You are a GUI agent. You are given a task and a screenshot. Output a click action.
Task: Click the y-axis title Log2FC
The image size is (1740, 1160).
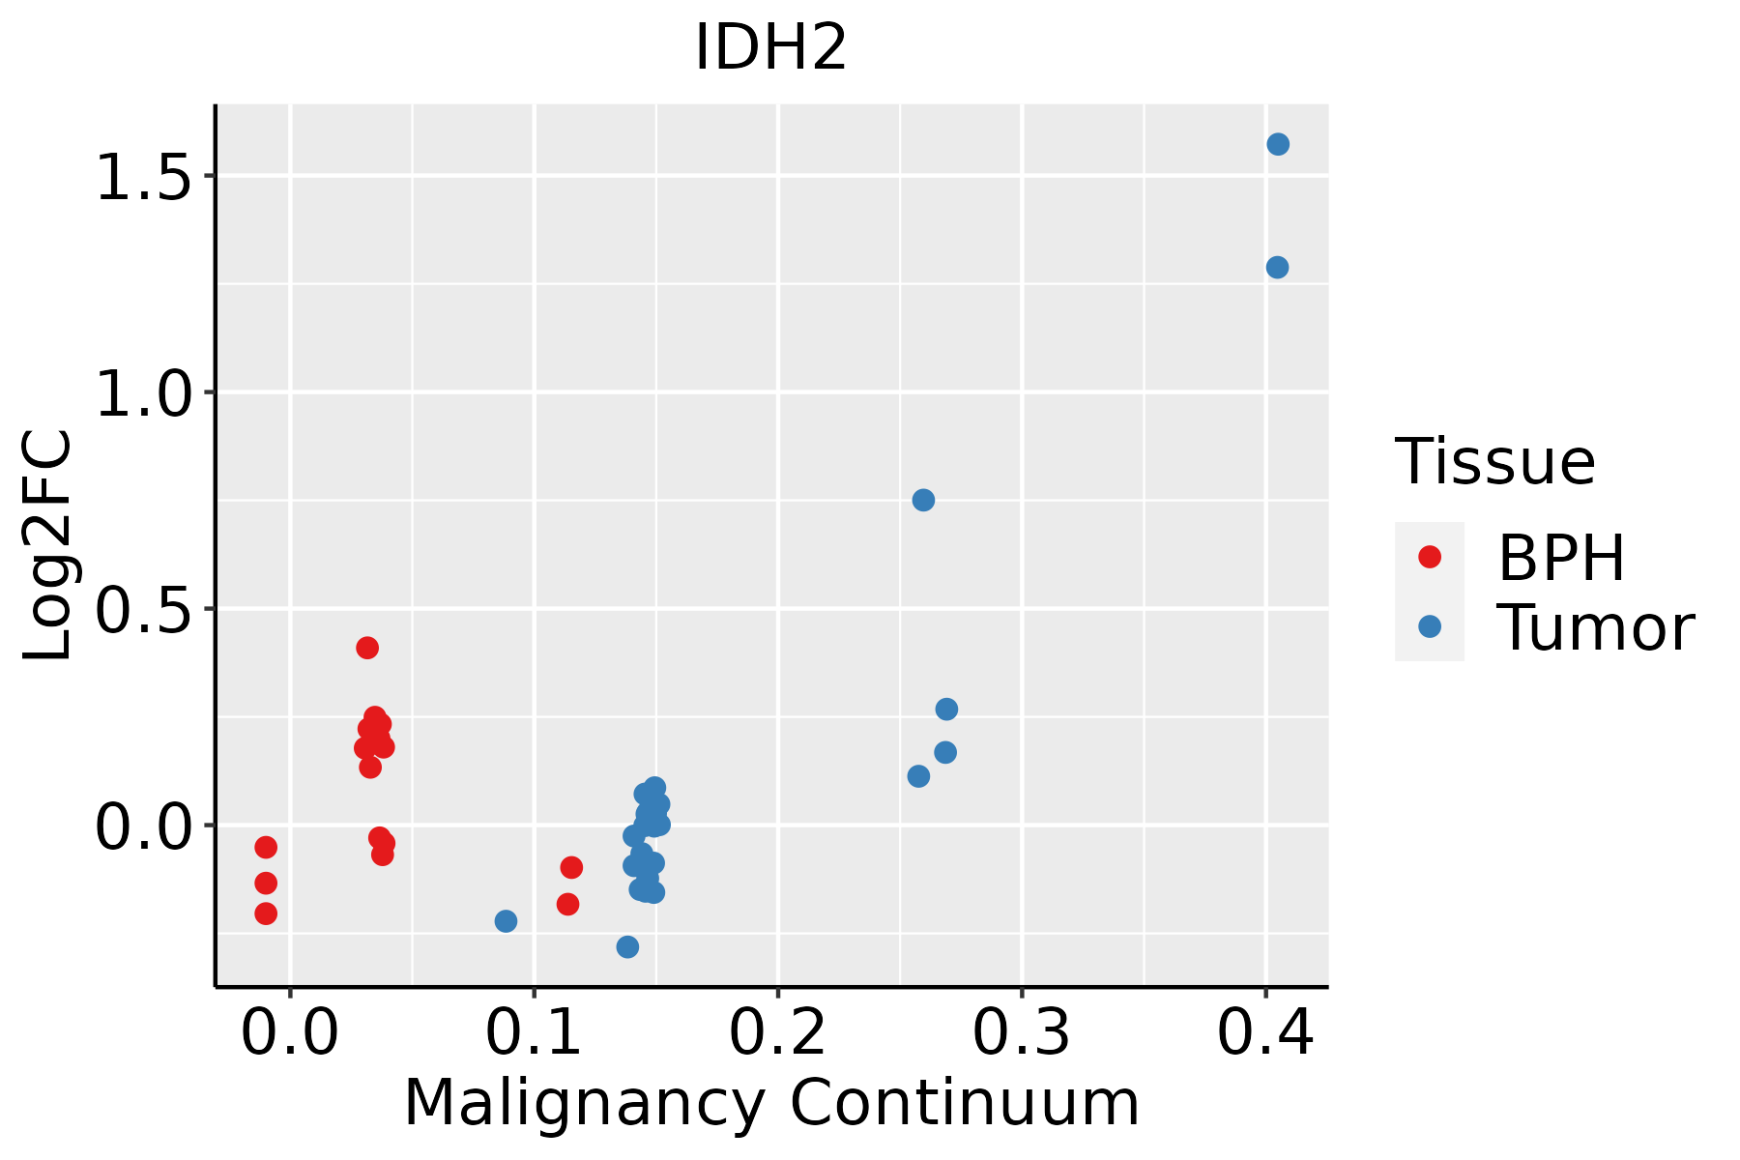click(48, 546)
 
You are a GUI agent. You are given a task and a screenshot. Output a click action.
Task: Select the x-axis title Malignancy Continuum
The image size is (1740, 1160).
click(770, 1103)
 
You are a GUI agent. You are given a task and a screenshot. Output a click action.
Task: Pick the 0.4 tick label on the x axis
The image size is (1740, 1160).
click(1264, 1033)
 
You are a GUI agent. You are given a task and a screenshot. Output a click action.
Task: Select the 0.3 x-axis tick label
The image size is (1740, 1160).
click(1021, 1033)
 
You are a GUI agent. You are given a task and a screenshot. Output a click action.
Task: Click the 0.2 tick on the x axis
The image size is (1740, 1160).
click(777, 1033)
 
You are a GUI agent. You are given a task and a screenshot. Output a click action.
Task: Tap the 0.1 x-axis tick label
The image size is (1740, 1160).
click(534, 1033)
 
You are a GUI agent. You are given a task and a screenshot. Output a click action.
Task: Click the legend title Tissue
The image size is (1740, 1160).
click(1494, 462)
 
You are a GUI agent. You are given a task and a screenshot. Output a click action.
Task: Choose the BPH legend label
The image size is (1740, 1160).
click(1561, 558)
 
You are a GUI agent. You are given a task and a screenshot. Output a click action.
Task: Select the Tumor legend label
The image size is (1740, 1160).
click(1595, 628)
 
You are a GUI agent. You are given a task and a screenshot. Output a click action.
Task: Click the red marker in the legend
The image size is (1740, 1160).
click(1429, 557)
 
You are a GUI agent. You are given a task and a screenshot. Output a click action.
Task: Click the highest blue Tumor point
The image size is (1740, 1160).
click(1278, 144)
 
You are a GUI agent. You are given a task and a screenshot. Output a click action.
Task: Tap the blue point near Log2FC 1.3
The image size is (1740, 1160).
click(1277, 267)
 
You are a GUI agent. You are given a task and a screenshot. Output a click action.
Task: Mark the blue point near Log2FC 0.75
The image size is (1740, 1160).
click(923, 500)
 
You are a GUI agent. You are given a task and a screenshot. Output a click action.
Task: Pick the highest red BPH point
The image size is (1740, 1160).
click(367, 648)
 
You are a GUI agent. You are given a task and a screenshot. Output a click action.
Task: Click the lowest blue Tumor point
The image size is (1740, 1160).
click(627, 946)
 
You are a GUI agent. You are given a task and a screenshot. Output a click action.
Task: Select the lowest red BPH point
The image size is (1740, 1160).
click(266, 913)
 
